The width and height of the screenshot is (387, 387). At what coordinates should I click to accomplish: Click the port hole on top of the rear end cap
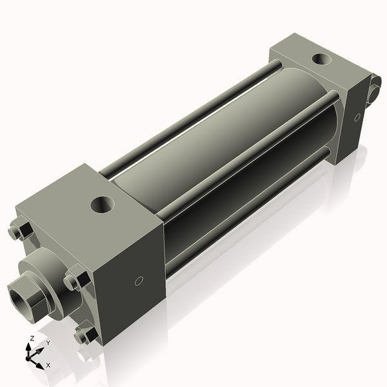pos(321,60)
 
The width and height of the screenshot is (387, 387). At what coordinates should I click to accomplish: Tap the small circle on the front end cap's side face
pos(137,281)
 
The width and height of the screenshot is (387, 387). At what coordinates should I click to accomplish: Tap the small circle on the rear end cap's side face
pos(355,117)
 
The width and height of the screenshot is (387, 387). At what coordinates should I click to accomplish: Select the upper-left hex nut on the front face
pos(19,231)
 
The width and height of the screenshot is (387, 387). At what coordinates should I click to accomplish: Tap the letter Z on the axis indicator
pos(32,338)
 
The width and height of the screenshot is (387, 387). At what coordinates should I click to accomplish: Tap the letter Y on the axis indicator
pos(48,343)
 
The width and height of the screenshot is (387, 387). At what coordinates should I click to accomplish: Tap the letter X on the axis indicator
pos(48,365)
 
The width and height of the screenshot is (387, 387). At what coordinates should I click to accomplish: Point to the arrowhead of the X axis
pos(40,364)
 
